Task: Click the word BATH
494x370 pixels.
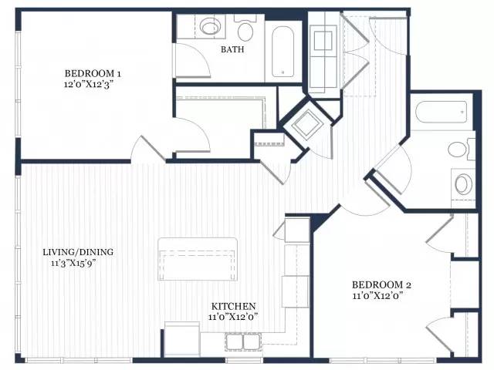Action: point(232,49)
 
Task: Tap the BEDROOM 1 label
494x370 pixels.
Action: point(93,74)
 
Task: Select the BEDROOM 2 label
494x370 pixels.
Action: point(381,285)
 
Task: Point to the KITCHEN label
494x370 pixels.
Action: point(233,306)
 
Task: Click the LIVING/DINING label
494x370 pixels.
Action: point(78,252)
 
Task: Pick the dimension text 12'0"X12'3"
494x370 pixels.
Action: point(89,84)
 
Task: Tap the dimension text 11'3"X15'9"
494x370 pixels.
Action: point(74,263)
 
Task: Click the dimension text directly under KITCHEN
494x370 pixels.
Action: point(233,317)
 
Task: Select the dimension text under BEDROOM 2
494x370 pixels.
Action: point(377,296)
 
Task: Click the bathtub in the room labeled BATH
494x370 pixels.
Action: point(283,52)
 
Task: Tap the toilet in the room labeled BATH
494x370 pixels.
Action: point(245,29)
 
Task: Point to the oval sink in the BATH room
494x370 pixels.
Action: point(211,26)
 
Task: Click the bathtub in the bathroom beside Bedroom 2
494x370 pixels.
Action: point(441,112)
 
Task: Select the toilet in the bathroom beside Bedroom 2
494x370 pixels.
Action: point(461,150)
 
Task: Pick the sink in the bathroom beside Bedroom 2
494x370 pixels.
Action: point(463,184)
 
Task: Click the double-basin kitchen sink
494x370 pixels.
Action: point(242,341)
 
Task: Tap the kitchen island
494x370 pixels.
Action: point(198,259)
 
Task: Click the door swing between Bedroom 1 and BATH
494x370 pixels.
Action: point(191,60)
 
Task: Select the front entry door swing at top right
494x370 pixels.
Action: point(388,36)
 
